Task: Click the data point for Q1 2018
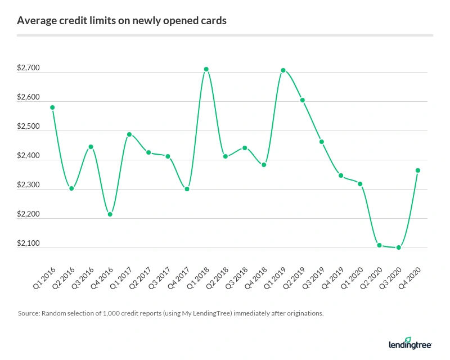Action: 206,69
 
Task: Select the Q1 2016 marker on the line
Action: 52,107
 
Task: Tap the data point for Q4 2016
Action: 110,214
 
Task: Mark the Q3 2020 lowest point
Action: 399,247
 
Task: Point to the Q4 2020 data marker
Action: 418,170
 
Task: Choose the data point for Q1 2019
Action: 283,70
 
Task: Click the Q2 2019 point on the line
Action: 303,100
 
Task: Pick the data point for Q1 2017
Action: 129,134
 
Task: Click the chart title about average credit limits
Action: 122,21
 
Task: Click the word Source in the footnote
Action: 29,313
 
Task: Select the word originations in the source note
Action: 304,313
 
